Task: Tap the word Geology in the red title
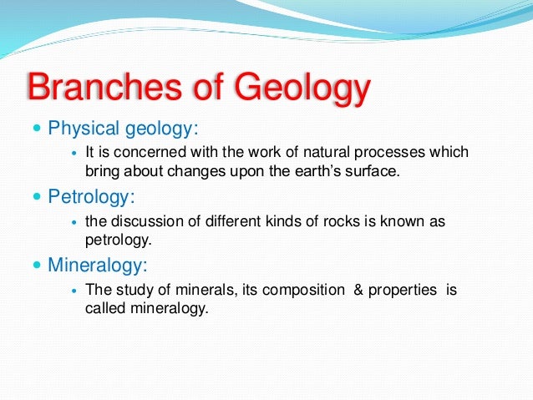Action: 302,89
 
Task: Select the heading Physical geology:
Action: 123,129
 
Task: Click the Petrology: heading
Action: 91,197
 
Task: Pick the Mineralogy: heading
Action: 98,266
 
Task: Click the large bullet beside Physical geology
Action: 37,128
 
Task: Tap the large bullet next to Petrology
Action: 37,196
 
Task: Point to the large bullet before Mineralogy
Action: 37,265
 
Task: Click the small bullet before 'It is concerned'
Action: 75,153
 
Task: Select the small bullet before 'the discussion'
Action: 75,222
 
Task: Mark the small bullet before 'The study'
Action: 75,291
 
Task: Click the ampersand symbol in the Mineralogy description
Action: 358,290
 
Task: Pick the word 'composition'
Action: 303,291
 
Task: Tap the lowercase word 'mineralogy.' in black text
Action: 170,309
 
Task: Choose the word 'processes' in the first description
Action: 389,153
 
